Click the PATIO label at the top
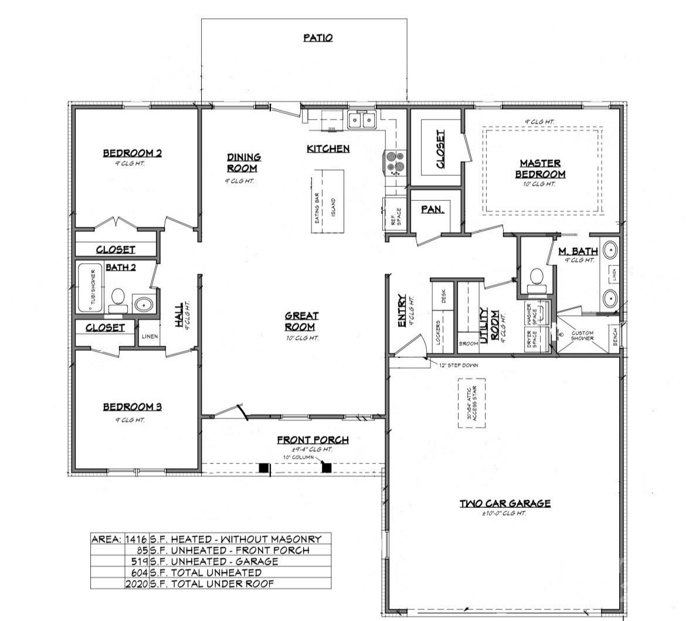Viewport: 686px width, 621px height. [x=318, y=37]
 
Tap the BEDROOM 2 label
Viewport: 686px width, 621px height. [x=132, y=153]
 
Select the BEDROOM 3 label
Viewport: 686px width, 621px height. [x=132, y=407]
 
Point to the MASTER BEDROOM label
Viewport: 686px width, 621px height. [x=540, y=169]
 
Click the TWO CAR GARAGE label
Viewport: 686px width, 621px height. [x=504, y=503]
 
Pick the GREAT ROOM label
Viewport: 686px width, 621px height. [x=301, y=322]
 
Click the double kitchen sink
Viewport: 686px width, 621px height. [x=361, y=120]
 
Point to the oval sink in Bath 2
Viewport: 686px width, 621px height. [x=144, y=304]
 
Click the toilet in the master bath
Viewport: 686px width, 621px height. [x=535, y=279]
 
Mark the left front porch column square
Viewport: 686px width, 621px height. [x=264, y=468]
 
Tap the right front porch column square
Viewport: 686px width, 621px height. [x=327, y=468]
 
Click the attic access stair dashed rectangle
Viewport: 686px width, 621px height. [x=471, y=402]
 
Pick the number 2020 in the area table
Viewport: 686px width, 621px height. [x=136, y=584]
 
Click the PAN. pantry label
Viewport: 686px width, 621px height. [x=432, y=209]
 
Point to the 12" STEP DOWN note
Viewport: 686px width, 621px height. [x=459, y=365]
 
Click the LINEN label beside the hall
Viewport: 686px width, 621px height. [x=148, y=336]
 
